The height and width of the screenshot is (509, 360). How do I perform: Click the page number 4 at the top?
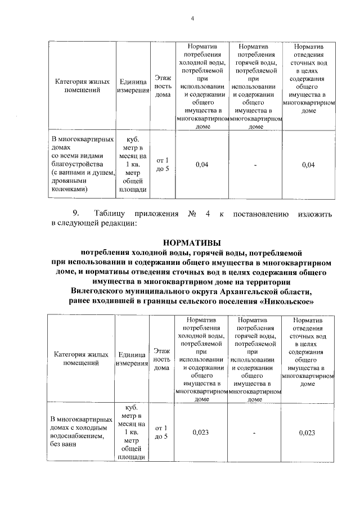point(192,19)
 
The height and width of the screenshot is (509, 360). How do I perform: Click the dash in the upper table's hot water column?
point(255,165)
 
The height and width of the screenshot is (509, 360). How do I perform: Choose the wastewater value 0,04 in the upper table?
point(308,165)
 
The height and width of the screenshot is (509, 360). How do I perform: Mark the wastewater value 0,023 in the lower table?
point(307,433)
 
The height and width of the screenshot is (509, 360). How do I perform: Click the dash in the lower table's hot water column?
point(255,433)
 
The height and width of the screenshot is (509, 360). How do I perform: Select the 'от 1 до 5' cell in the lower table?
point(161,432)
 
